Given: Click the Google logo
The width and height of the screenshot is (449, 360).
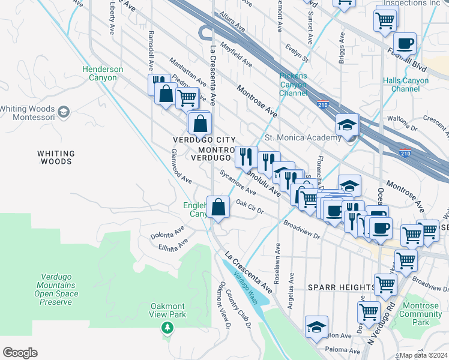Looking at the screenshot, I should pos(20,353).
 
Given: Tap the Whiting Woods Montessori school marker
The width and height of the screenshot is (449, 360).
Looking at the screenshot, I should pos(64,112).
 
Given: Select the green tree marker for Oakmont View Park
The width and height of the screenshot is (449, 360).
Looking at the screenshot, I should pos(167,328).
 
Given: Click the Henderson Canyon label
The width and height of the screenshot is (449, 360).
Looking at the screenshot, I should pos(103,73).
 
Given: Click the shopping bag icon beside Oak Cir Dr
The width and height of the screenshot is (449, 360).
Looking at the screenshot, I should pos(218,207).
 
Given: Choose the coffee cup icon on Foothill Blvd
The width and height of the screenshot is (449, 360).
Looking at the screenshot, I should pos(405,43).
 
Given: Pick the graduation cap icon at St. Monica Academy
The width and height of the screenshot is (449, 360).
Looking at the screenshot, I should pos(347,125).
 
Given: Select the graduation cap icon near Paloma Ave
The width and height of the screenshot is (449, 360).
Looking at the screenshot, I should pos(316,326).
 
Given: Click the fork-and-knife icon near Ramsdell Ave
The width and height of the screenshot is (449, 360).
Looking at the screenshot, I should pos(158,83).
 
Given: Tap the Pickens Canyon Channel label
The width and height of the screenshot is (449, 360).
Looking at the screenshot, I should pos(293,85).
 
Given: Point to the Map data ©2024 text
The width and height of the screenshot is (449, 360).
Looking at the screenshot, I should pos(423,355).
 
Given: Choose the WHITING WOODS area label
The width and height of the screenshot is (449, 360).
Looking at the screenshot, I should pos(56,157).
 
